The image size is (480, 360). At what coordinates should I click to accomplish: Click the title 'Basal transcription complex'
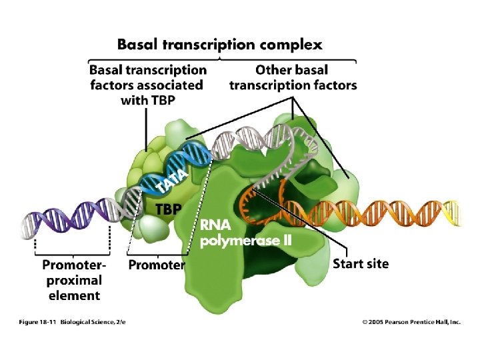(x=220, y=45)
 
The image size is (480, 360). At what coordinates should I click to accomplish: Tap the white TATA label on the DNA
(x=172, y=181)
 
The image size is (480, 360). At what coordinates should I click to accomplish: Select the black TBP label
(x=169, y=209)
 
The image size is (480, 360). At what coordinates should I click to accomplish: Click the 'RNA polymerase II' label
(x=245, y=233)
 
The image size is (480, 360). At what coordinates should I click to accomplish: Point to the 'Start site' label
(x=361, y=263)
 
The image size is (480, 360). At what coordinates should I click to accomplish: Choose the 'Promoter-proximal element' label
(x=74, y=280)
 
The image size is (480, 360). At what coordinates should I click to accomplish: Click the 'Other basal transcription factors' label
(x=293, y=78)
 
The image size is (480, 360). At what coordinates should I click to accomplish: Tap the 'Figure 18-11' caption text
(x=37, y=322)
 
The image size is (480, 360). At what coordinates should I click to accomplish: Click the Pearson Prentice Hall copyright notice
(x=411, y=322)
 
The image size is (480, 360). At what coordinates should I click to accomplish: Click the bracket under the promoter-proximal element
(x=72, y=253)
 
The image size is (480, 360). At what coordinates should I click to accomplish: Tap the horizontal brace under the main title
(x=222, y=60)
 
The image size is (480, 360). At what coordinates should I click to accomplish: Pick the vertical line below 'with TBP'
(x=146, y=130)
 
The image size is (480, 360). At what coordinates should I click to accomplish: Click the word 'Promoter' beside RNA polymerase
(x=157, y=265)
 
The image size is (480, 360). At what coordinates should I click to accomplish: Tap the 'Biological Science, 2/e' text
(x=93, y=322)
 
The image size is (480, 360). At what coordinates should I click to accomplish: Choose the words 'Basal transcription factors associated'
(x=148, y=78)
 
